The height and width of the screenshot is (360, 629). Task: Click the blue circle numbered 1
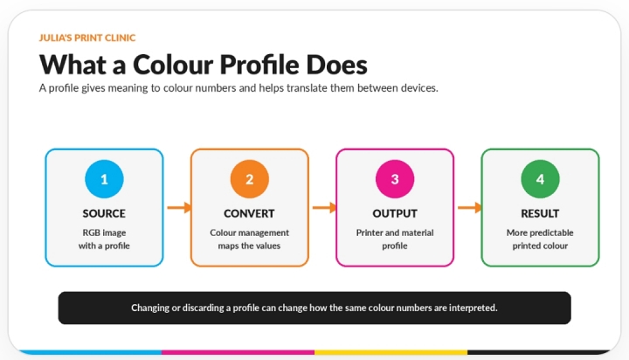[104, 179]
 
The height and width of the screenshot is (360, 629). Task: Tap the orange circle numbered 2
[250, 179]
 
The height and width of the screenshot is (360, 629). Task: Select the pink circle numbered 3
[395, 179]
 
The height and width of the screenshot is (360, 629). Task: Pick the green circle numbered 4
[541, 179]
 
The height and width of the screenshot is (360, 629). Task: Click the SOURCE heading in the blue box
[104, 213]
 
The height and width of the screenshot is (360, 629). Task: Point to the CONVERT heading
[249, 213]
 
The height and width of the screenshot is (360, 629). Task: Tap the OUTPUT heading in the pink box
[395, 213]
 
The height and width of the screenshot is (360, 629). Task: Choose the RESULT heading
[540, 213]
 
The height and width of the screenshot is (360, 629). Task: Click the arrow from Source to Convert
[179, 207]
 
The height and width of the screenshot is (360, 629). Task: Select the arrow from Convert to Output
[324, 207]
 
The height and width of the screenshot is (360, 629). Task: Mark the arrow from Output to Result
[470, 207]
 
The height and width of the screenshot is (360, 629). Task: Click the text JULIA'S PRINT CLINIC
[87, 38]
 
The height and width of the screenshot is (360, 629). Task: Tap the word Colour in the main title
[173, 65]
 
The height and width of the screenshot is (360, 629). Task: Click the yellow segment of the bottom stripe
[391, 352]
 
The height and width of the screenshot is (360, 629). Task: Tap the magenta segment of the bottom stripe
[238, 352]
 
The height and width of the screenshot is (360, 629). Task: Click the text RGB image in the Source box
[104, 232]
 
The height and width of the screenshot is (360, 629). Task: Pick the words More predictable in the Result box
[540, 232]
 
